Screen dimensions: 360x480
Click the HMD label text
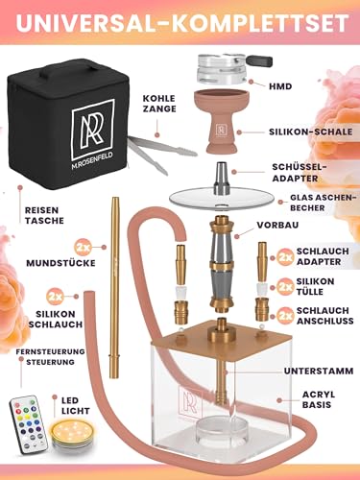[280, 86]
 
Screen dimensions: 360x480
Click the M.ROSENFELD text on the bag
[93, 156]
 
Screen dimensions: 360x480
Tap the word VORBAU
[277, 225]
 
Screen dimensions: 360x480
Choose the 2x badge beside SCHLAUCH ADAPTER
[285, 256]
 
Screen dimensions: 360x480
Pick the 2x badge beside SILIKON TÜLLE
[285, 287]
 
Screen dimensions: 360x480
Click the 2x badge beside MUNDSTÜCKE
[83, 248]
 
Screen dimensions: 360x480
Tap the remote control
[28, 424]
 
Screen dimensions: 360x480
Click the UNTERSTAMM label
[319, 371]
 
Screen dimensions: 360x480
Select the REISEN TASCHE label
[44, 215]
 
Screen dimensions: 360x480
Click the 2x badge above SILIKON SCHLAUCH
[56, 297]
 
